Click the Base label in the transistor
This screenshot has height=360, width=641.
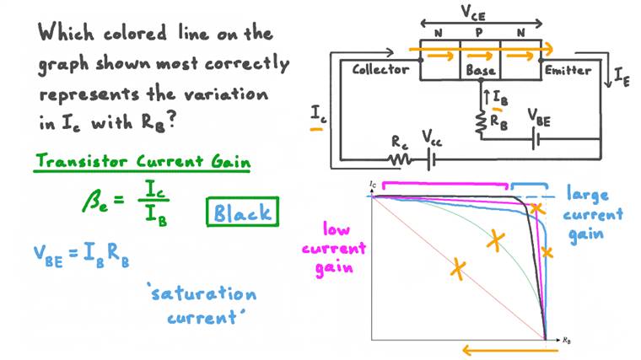pos(481,71)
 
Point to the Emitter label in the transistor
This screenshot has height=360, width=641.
pos(568,70)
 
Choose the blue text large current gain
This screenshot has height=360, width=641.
pos(595,213)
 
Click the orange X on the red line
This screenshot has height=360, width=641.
pos(457,269)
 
